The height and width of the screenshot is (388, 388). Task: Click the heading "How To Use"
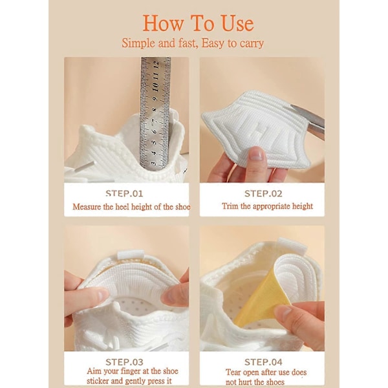tap(199, 23)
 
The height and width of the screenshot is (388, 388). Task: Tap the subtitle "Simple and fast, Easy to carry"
tap(193, 43)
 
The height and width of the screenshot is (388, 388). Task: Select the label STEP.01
tap(124, 193)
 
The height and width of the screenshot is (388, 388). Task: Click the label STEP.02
tap(263, 193)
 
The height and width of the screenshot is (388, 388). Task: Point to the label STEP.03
tap(124, 362)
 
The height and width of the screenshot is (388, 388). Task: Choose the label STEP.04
tap(263, 362)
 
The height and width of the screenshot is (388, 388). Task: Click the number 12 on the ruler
tap(156, 65)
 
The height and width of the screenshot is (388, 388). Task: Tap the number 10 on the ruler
tap(155, 87)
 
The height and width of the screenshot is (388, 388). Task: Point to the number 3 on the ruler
tap(154, 164)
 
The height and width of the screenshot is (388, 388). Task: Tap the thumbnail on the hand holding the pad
tap(256, 155)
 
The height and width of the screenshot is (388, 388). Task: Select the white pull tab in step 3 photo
tap(131, 255)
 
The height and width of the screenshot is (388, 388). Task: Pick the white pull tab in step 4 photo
tap(292, 245)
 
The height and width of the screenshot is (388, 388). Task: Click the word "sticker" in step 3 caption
tap(98, 381)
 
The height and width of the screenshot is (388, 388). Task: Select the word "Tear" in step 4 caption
tap(233, 372)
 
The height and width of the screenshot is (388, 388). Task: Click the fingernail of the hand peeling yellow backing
tap(283, 312)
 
